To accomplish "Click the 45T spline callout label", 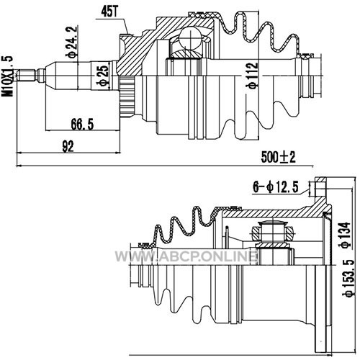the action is point(110,12).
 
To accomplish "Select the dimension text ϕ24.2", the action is point(72,41).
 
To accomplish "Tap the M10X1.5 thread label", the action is point(7,76).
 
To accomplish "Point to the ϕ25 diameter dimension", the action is point(103,76).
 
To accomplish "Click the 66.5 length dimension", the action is point(82,125).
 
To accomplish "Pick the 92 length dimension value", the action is point(68,146).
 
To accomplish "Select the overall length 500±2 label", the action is point(279,158).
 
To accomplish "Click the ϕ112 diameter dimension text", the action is point(253,76).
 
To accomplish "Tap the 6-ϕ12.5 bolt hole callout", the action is point(276,187).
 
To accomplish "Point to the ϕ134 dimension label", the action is point(346,235).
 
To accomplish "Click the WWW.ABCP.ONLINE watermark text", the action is point(185,256).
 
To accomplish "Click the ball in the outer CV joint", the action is point(190,37).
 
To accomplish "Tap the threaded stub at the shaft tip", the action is point(28,75).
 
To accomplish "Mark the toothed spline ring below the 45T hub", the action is point(127,96).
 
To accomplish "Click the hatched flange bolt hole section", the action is point(320,187).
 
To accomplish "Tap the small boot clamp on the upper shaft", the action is point(305,56).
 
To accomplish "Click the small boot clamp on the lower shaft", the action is point(146,246).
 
